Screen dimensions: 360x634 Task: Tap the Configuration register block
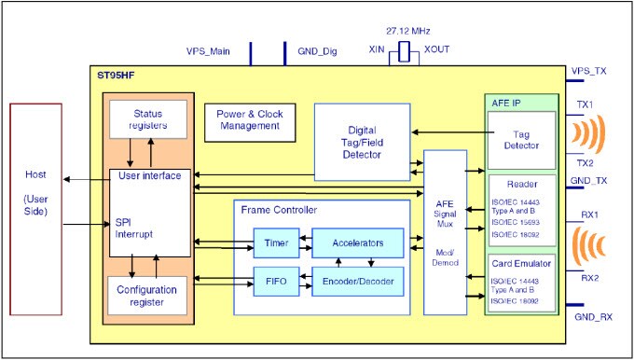(x=149, y=296)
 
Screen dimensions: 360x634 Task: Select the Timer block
(x=275, y=243)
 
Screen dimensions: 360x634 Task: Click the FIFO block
(x=275, y=281)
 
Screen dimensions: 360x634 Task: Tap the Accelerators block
(x=358, y=243)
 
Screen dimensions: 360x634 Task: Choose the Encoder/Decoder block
(x=358, y=281)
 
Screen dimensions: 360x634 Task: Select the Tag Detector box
(x=522, y=139)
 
